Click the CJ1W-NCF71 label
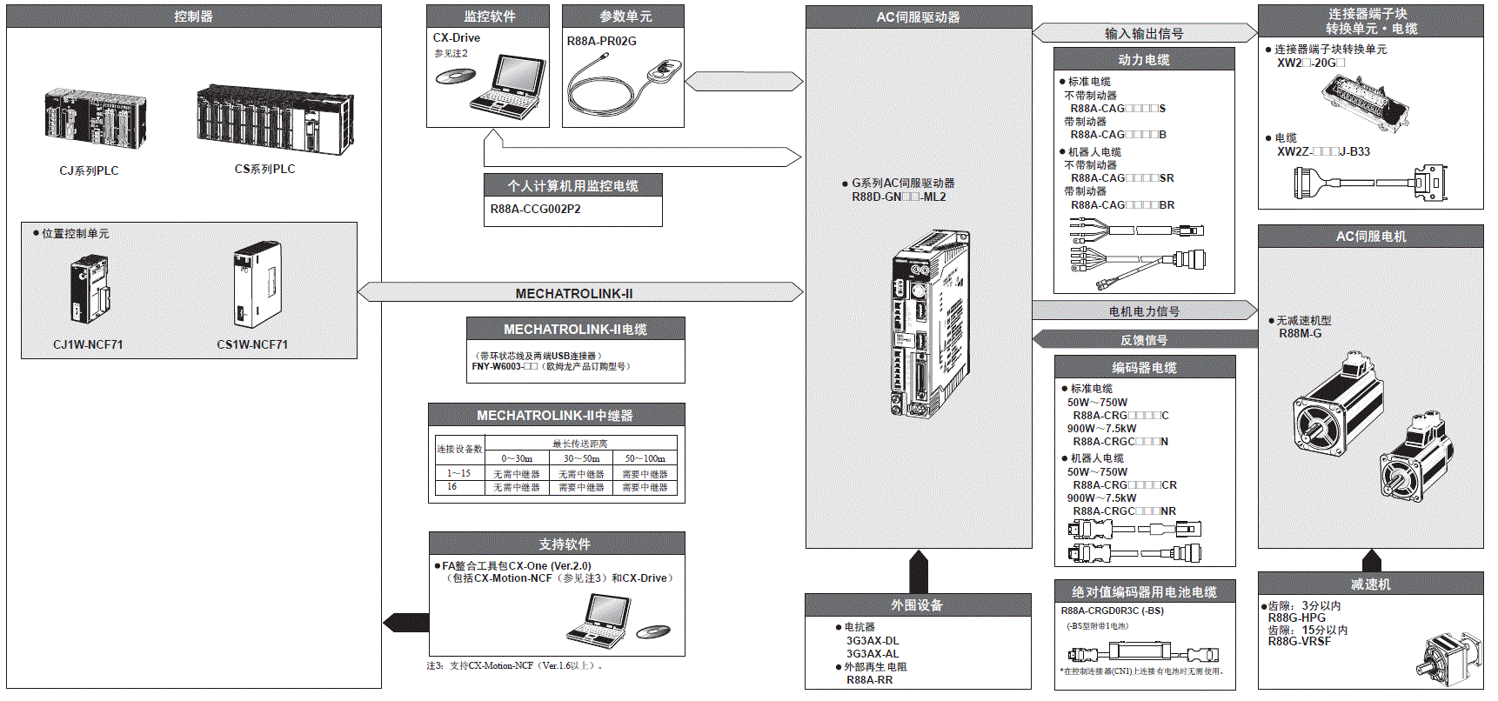[88, 344]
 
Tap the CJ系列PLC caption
[89, 170]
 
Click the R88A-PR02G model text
[602, 41]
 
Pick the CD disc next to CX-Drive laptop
[455, 77]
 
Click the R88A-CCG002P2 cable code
[535, 209]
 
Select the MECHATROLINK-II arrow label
[574, 294]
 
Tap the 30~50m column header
[581, 458]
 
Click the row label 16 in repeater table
[452, 487]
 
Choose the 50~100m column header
[645, 458]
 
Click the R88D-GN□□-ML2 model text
[899, 197]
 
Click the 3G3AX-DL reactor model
[873, 641]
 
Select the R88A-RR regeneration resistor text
[869, 679]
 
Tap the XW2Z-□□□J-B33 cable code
[1323, 151]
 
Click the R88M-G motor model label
[1300, 333]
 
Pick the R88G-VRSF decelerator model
[1299, 641]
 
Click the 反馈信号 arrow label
[1143, 340]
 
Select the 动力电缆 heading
[1143, 60]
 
